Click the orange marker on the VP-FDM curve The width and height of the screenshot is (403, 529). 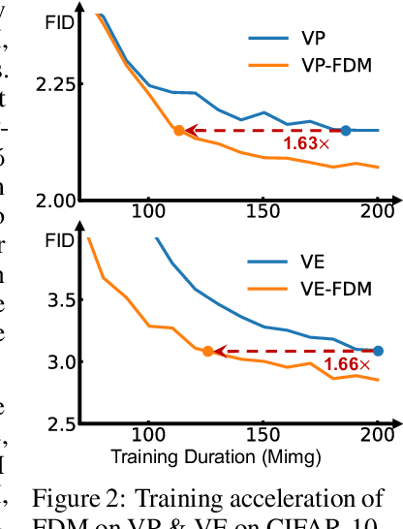[178, 130]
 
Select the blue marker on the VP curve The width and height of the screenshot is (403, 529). [346, 130]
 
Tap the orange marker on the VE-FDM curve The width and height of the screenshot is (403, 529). [208, 351]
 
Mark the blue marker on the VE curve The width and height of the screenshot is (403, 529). [378, 351]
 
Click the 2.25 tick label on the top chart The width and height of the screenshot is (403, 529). [56, 85]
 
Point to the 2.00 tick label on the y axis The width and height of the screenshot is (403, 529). [56, 201]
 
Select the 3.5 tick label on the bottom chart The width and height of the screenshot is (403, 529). [63, 300]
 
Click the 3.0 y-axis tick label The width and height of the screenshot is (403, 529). [63, 362]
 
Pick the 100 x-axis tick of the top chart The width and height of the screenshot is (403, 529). [148, 211]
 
